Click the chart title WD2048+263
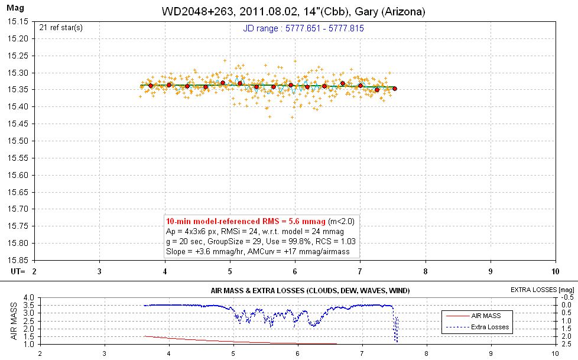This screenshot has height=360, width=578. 197,11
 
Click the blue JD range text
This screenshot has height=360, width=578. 303,28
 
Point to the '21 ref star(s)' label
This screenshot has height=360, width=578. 61,28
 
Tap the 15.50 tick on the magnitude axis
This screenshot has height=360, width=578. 18,141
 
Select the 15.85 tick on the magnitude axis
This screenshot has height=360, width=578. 18,260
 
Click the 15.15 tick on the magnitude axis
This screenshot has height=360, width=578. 18,21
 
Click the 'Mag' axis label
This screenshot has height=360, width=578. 15,7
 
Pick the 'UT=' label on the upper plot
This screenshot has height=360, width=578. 18,271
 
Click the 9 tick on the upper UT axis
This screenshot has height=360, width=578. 491,271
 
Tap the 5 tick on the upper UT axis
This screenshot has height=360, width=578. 230,271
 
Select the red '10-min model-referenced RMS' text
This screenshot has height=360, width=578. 245,221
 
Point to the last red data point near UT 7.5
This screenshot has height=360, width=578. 395,89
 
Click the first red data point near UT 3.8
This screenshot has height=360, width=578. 150,86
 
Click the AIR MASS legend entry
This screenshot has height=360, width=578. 473,316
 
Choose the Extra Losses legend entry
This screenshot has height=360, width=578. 478,327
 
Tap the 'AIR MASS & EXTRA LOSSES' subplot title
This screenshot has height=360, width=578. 310,291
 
